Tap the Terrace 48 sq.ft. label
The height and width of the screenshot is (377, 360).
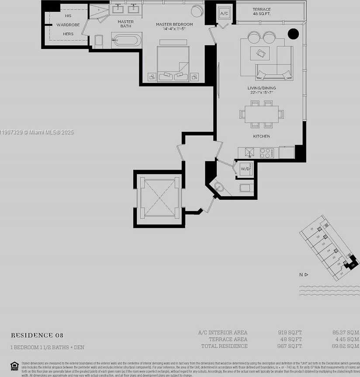tap(262, 12)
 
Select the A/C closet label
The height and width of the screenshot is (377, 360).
tap(224, 14)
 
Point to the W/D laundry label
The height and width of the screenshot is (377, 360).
tap(245, 168)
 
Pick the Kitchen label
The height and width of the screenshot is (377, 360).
tap(262, 136)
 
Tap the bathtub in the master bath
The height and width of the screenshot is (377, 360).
tap(126, 41)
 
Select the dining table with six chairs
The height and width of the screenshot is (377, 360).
tap(262, 114)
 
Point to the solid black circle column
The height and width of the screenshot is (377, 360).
tap(293, 34)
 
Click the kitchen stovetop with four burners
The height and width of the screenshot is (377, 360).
tap(267, 153)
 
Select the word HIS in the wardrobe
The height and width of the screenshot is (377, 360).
tap(68, 16)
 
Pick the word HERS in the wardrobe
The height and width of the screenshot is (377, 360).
tap(68, 34)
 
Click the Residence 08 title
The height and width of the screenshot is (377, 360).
tap(37, 335)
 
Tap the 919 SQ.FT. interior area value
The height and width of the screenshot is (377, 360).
tap(290, 332)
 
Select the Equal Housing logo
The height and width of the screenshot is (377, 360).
tap(14, 366)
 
